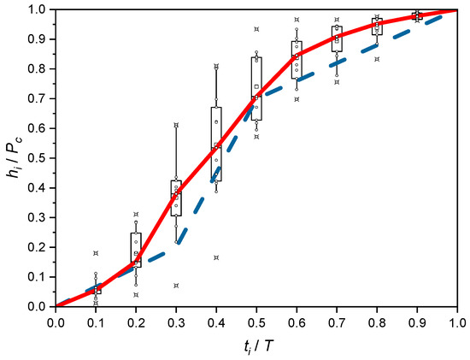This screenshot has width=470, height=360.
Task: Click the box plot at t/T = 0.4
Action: pos(216,144)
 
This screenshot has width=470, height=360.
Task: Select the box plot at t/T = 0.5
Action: pos(256,88)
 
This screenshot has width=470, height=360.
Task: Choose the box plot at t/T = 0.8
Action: pos(377,27)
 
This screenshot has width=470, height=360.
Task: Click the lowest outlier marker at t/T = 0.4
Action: pos(216,257)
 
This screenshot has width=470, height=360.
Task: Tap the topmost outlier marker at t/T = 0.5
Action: pos(256,29)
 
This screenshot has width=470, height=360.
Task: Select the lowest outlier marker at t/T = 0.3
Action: pos(176,286)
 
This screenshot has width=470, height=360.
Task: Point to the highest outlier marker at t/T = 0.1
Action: pos(96,253)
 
